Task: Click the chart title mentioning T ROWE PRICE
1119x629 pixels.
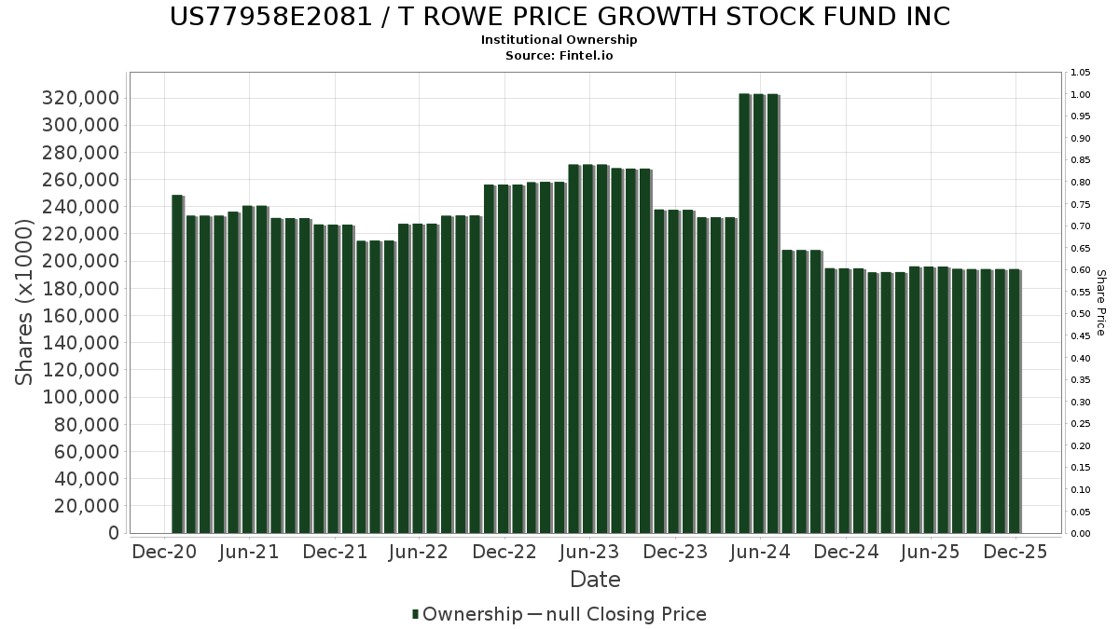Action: (x=559, y=17)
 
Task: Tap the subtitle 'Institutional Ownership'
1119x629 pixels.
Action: (x=559, y=40)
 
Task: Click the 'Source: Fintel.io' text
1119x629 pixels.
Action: (x=559, y=56)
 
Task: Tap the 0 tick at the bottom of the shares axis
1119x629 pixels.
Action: (x=113, y=533)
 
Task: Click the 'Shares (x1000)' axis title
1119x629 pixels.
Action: (x=26, y=302)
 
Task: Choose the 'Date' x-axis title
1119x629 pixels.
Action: (x=595, y=580)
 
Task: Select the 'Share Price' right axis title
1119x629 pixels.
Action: (x=1100, y=302)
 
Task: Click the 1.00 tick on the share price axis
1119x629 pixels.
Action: (x=1081, y=95)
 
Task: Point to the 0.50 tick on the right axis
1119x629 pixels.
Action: (x=1081, y=314)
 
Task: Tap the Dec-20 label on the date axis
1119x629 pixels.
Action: (x=165, y=552)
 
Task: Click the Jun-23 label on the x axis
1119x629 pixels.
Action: (x=589, y=552)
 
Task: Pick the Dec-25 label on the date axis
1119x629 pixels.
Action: (x=1015, y=552)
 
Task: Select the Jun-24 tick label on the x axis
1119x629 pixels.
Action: (x=760, y=552)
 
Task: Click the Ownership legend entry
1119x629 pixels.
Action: (x=467, y=614)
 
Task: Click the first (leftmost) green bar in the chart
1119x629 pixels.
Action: (x=177, y=363)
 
